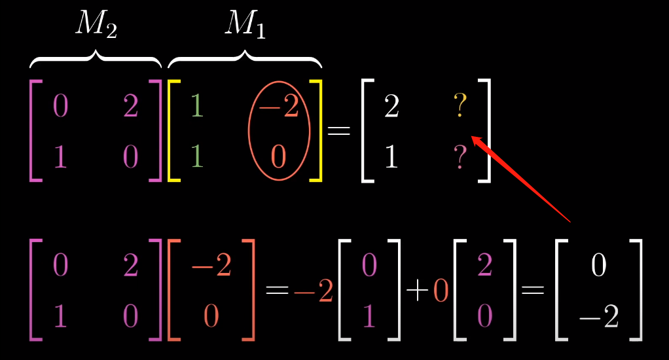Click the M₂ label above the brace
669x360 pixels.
click(x=96, y=24)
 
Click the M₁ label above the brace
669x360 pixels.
click(x=245, y=24)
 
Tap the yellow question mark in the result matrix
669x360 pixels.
click(x=460, y=106)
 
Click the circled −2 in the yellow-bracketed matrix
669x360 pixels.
click(x=280, y=107)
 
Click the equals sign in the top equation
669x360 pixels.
click(x=339, y=130)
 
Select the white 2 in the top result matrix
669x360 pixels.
click(x=391, y=107)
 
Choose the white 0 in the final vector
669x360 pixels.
click(x=598, y=266)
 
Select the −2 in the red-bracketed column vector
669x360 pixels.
click(x=211, y=266)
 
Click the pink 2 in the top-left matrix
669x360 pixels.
click(x=130, y=107)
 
